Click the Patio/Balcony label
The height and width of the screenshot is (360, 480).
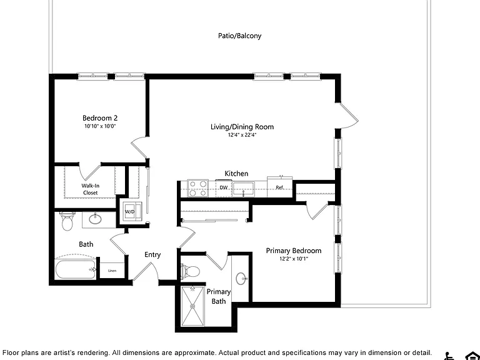click(x=240, y=36)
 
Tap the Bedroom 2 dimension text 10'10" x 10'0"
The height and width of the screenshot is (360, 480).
click(x=100, y=126)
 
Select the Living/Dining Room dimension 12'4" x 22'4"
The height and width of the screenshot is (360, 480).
click(x=242, y=135)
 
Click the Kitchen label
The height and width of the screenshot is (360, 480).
click(x=236, y=174)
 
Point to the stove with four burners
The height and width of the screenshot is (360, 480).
click(x=197, y=188)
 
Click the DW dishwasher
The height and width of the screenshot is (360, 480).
click(x=224, y=187)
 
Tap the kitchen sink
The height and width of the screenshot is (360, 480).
click(x=243, y=189)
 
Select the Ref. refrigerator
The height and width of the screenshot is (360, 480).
click(x=280, y=187)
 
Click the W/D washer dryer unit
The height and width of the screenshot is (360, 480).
click(x=132, y=211)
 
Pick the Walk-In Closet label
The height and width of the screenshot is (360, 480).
click(x=90, y=189)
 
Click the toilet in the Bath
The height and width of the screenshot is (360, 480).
click(x=66, y=221)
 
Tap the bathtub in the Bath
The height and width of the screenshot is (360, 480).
click(x=75, y=269)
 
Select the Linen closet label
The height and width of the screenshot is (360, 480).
click(x=112, y=271)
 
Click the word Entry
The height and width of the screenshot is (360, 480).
click(x=152, y=255)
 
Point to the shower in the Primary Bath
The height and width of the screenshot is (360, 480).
click(x=192, y=306)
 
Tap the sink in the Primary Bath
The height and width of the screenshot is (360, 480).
click(x=241, y=279)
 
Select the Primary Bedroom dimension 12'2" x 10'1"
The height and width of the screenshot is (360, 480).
click(x=294, y=259)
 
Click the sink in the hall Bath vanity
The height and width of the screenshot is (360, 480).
click(x=96, y=219)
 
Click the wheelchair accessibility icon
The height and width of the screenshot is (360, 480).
click(x=449, y=356)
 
